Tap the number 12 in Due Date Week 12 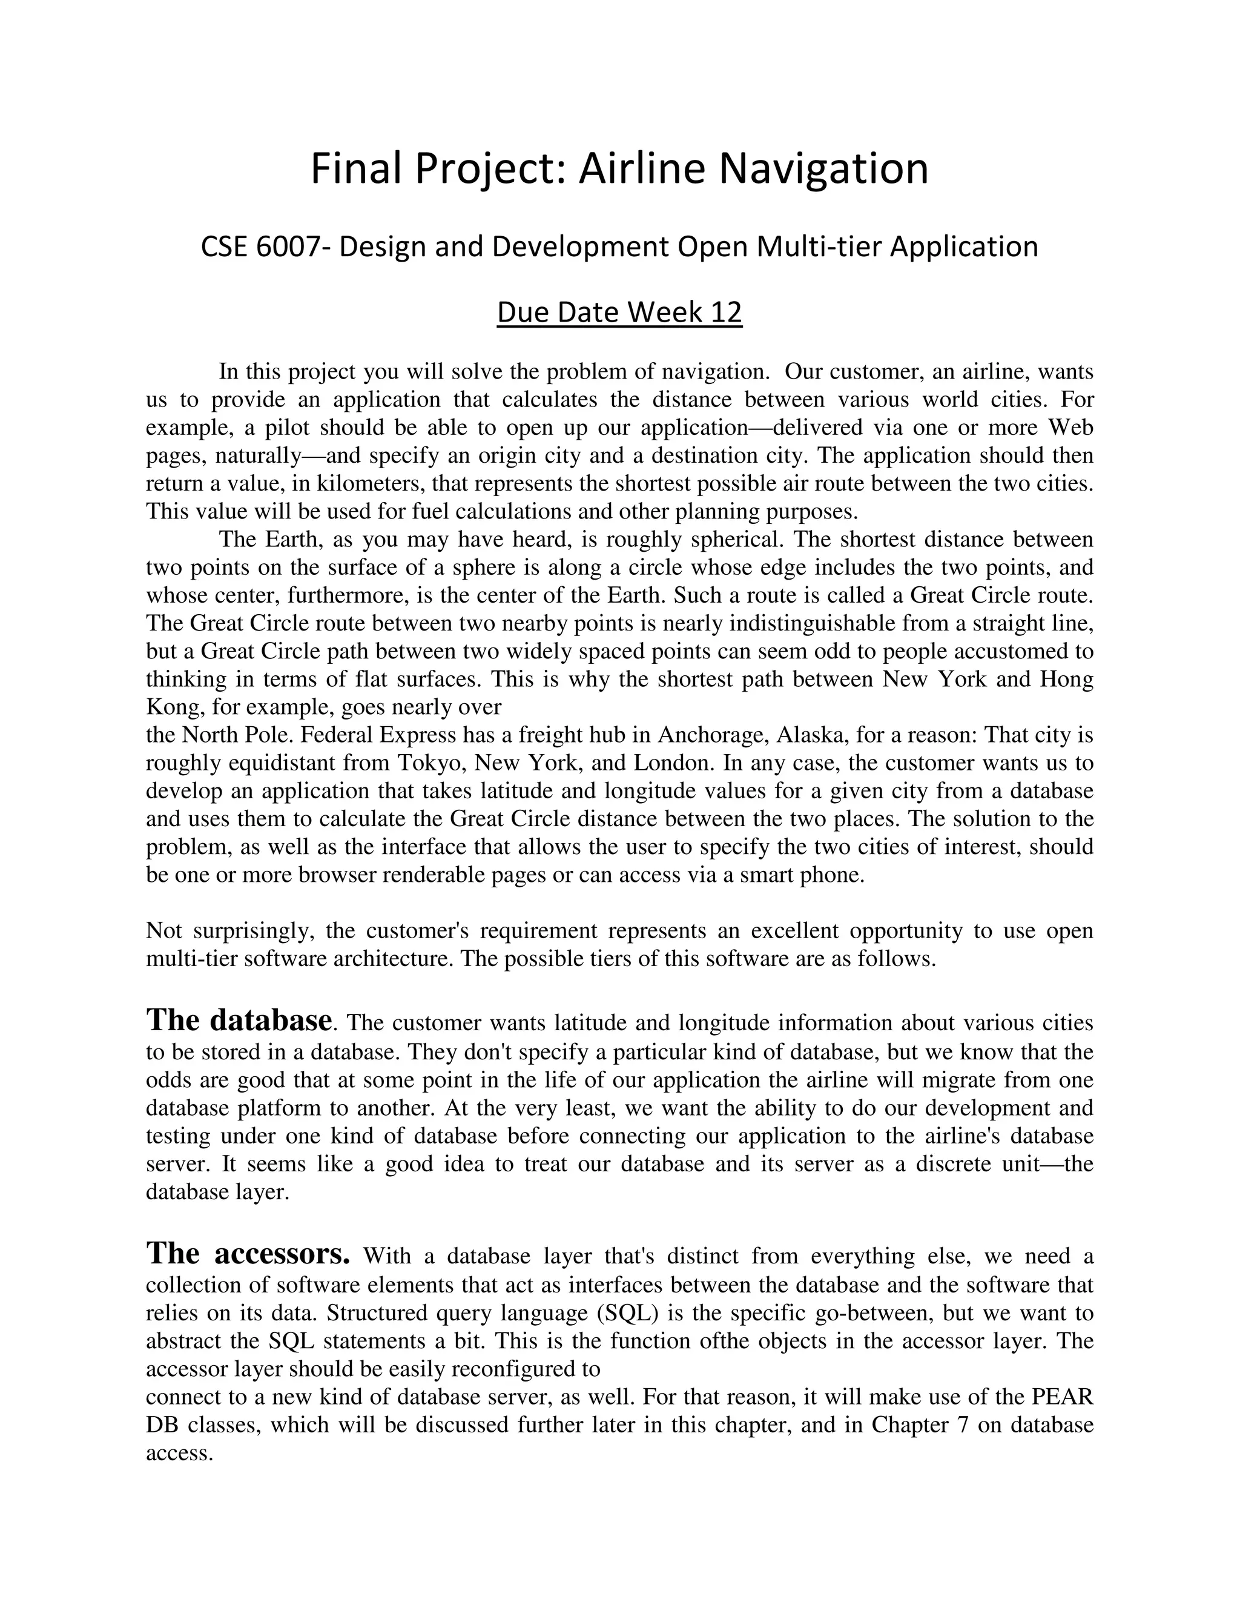[x=726, y=313]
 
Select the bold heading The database [x=239, y=1020]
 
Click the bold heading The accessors [x=248, y=1254]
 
